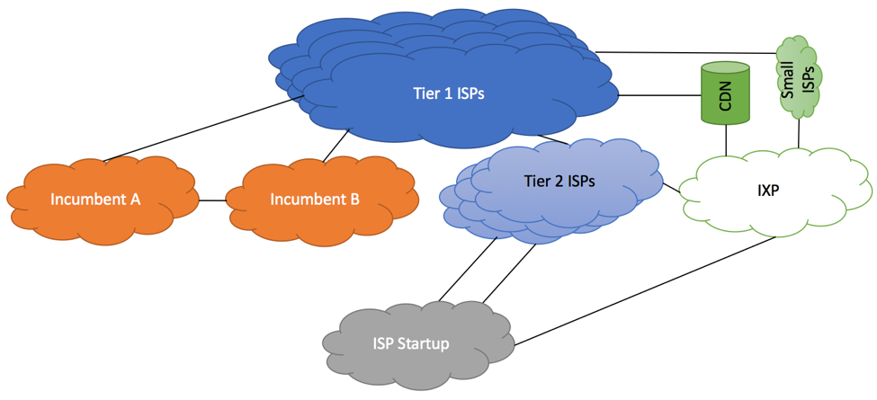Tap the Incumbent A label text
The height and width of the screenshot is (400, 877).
click(x=95, y=200)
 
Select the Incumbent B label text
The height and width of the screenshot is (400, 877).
click(x=314, y=200)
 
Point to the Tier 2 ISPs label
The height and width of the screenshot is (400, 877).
click(x=559, y=181)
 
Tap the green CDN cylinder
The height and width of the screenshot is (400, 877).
click(x=725, y=93)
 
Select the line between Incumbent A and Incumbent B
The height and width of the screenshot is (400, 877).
click(x=212, y=200)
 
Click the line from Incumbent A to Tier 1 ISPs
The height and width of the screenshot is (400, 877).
click(x=202, y=129)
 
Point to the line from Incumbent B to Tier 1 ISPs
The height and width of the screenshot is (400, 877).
click(x=336, y=146)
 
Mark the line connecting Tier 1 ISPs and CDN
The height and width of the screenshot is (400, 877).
click(x=660, y=95)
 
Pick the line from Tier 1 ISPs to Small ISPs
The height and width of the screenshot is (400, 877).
click(x=685, y=52)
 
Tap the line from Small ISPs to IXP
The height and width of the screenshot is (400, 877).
click(x=798, y=133)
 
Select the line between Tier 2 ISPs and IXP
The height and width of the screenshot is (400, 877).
click(x=671, y=188)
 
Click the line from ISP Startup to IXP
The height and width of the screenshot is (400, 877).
click(x=644, y=290)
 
